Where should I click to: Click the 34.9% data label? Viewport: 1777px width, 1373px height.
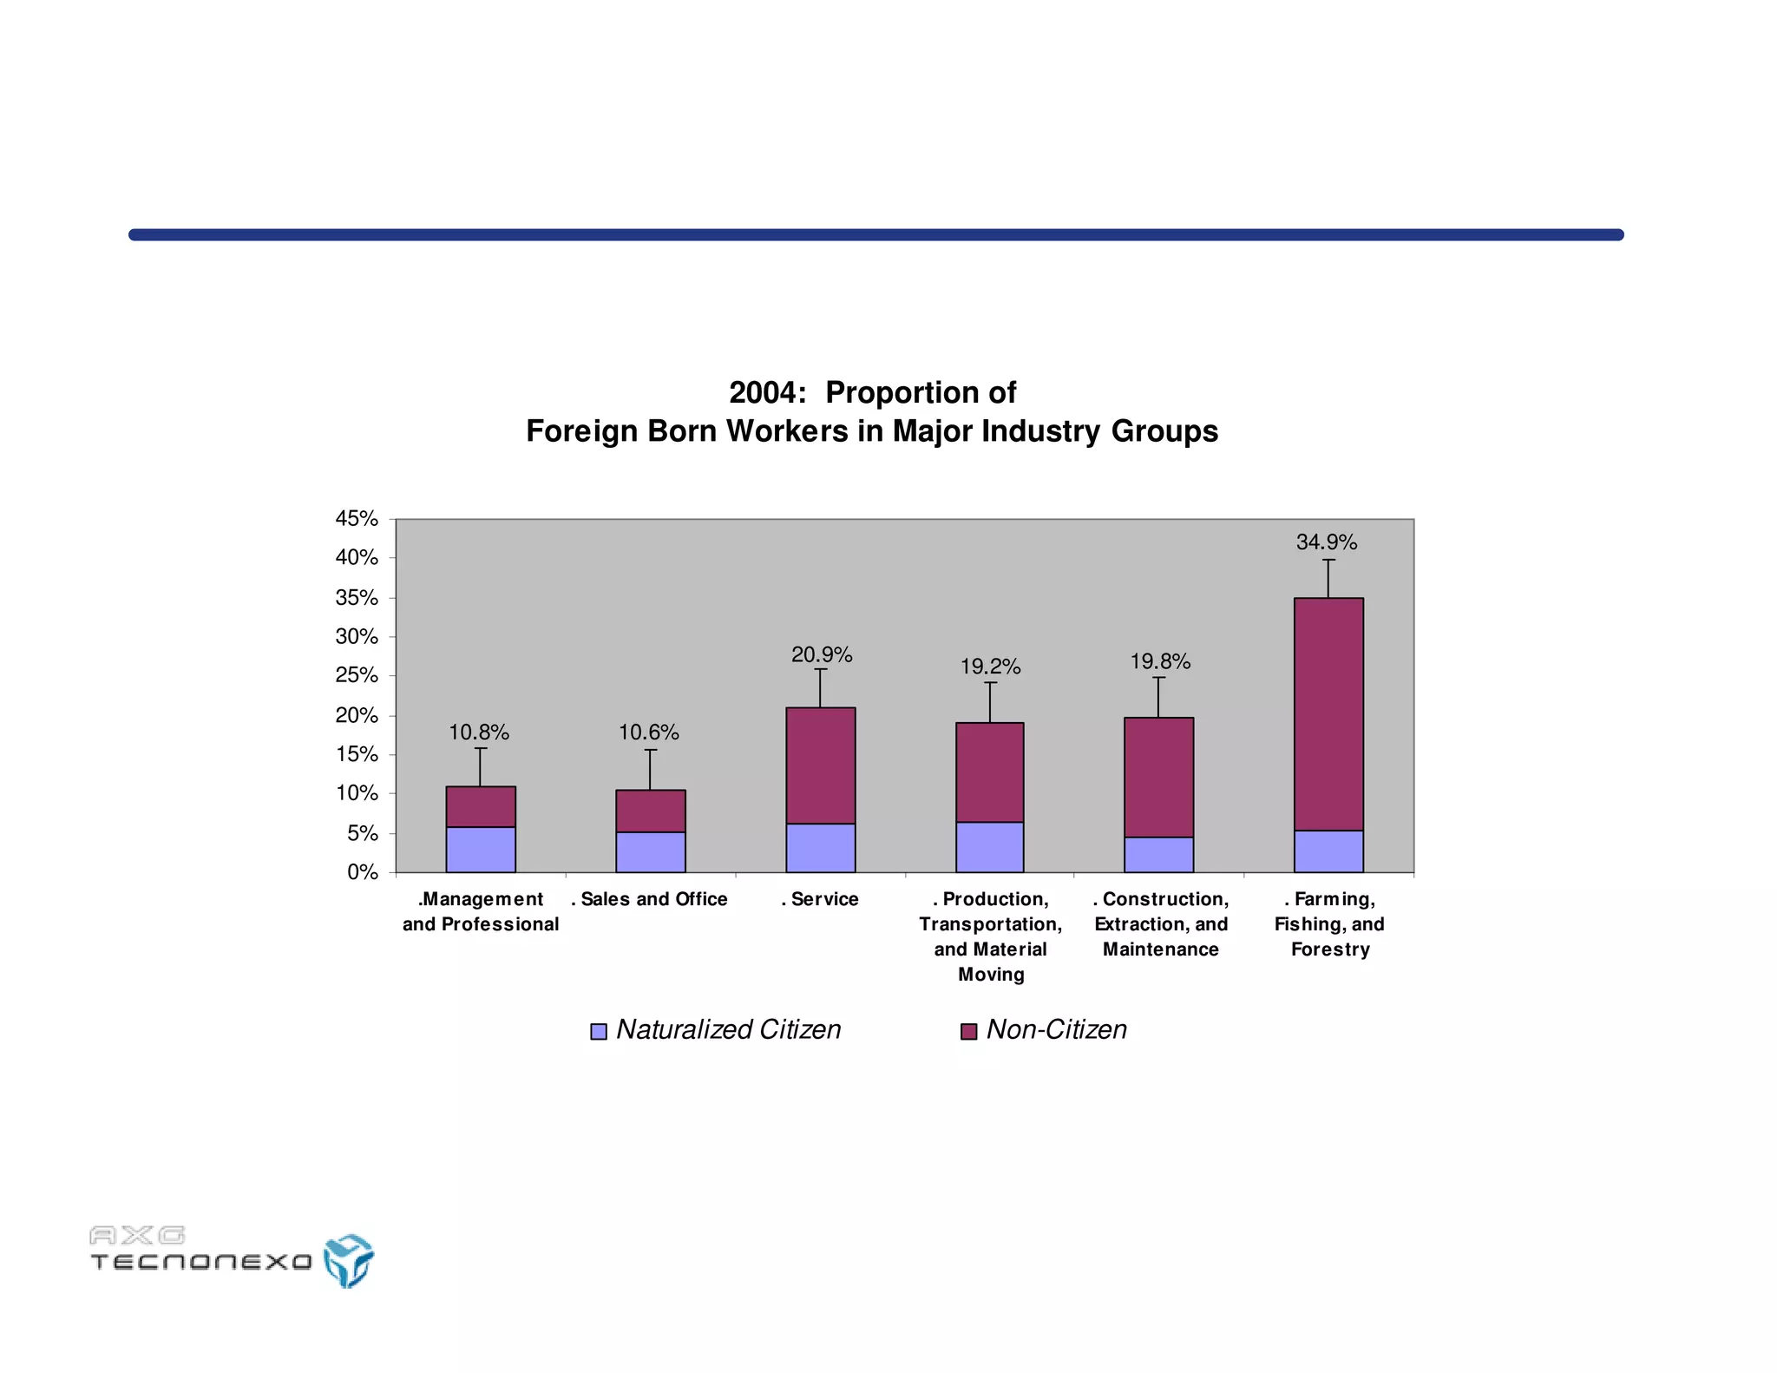point(1326,542)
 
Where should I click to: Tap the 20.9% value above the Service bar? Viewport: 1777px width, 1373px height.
point(821,655)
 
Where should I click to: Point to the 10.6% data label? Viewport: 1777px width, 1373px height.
point(648,733)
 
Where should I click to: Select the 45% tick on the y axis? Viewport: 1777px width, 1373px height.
point(357,519)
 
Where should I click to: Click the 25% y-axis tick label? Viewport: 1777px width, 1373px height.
point(357,676)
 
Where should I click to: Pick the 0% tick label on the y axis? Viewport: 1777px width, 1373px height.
point(362,872)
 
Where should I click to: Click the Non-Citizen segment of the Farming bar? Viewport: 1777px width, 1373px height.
point(1328,714)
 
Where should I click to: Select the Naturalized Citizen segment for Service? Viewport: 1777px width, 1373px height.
point(820,848)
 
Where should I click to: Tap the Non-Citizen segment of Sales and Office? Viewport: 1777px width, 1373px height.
point(650,811)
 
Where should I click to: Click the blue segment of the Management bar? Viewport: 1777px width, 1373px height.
point(480,850)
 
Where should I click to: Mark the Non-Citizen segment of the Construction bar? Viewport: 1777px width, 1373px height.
point(1158,777)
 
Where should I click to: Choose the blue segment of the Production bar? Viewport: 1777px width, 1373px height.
point(989,847)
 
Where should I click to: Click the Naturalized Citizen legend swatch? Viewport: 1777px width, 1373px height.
point(599,1031)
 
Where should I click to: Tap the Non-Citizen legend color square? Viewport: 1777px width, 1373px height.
point(968,1031)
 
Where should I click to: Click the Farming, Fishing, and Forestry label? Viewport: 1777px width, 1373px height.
point(1329,924)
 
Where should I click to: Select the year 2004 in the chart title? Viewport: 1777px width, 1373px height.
point(762,393)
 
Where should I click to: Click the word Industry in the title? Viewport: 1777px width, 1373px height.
point(1040,431)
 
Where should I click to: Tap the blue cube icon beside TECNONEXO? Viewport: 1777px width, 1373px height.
point(348,1260)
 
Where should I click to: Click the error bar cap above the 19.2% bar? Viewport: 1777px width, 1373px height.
point(990,683)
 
